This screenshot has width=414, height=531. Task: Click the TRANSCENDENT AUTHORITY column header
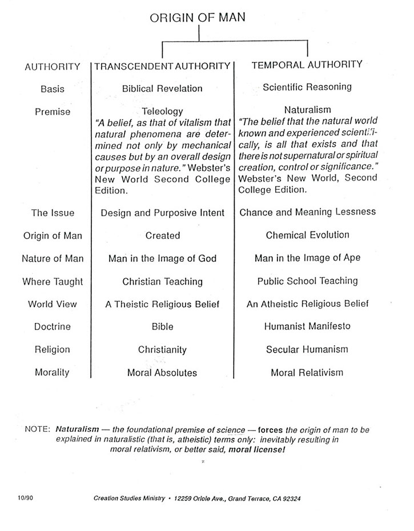tap(162, 66)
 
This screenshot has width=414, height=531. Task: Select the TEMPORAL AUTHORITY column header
tap(307, 64)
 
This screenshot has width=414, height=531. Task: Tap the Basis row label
tap(52, 89)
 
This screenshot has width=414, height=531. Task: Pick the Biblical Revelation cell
tap(162, 88)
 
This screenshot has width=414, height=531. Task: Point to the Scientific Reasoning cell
tap(307, 87)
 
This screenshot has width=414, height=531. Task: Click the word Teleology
tap(162, 112)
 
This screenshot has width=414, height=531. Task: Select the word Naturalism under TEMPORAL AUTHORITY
tap(307, 110)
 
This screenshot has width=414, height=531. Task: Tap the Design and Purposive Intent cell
tap(162, 213)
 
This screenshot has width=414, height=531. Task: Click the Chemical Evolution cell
tap(307, 234)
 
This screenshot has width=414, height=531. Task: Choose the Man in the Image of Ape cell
tap(307, 258)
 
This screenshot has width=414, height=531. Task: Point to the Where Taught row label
tap(53, 281)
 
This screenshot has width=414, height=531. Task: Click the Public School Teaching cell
tap(307, 281)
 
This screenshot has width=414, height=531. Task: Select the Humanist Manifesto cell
tap(307, 326)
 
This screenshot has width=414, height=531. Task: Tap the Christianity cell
tap(162, 350)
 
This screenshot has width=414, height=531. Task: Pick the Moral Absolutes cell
tap(162, 372)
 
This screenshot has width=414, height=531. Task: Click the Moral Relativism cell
tap(307, 372)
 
